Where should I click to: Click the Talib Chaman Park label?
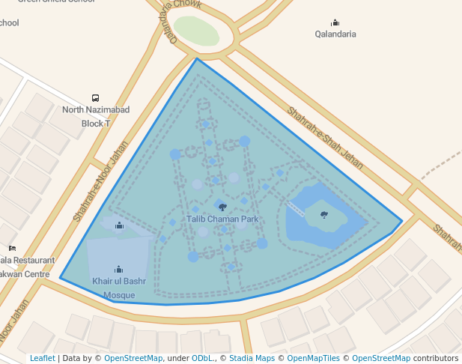222,219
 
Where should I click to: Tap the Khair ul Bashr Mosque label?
119,288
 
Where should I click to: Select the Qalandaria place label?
335,34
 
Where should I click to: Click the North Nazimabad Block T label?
96,116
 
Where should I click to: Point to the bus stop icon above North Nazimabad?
95,98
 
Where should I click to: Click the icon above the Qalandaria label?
335,22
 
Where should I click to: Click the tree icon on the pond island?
323,215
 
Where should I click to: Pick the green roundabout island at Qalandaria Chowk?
197,31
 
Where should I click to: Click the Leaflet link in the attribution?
42,359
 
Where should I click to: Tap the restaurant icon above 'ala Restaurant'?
12,249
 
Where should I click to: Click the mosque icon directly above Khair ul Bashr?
118,269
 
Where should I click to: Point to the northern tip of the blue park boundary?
197,58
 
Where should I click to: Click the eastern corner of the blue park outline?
402,221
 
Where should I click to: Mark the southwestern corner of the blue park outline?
60,279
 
